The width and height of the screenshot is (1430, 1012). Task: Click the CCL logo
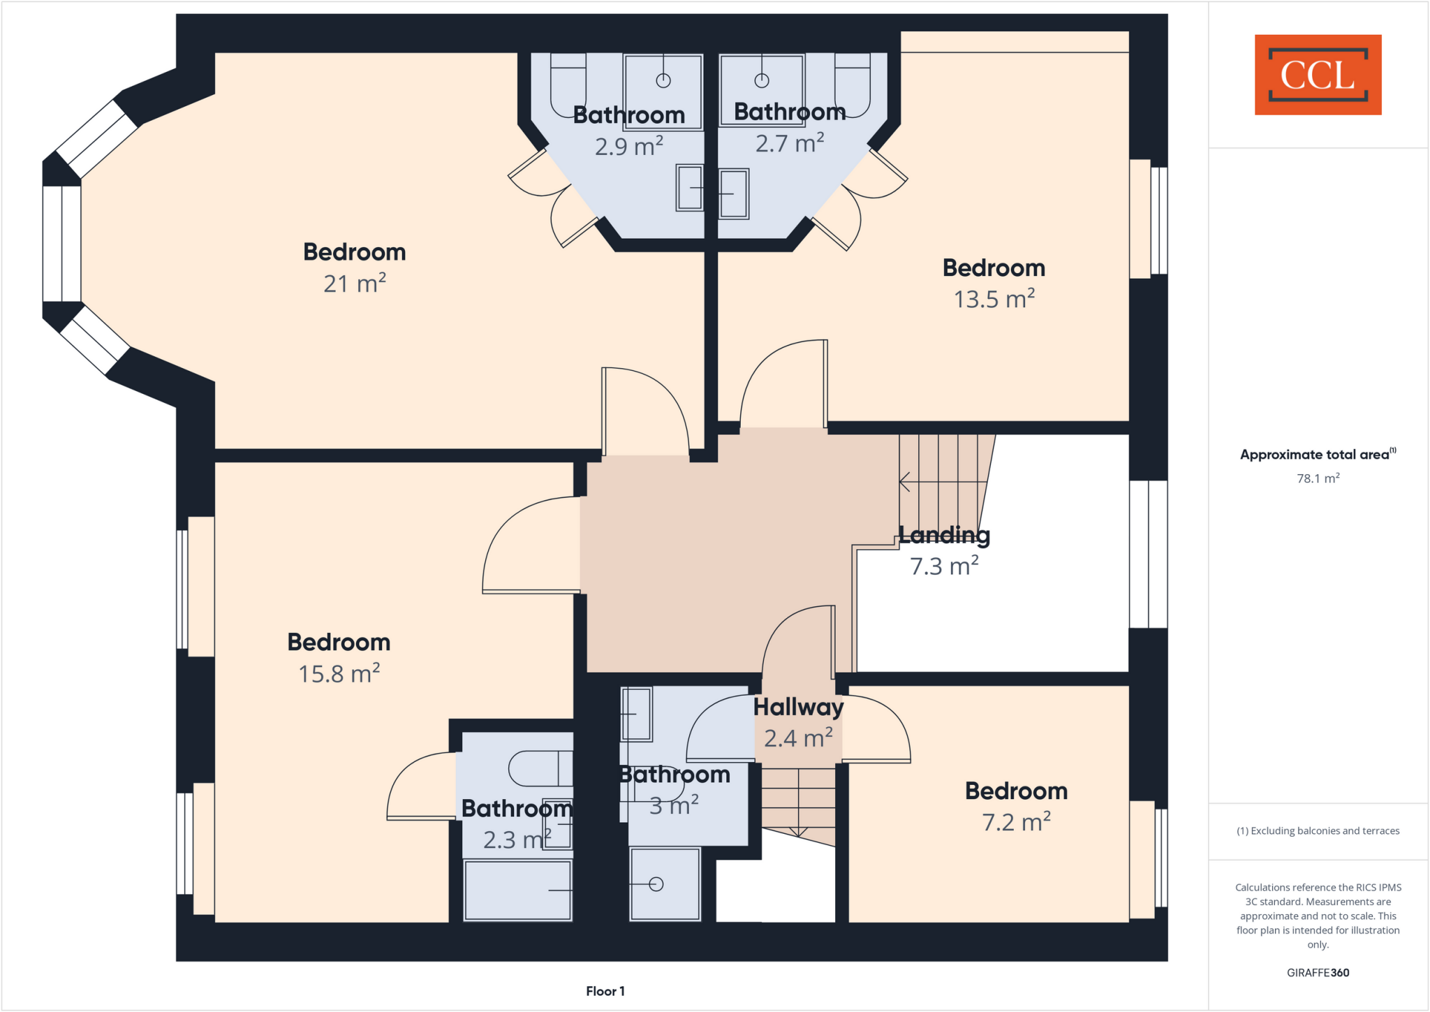[x=1318, y=75]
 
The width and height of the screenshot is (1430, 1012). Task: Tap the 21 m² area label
[x=355, y=284]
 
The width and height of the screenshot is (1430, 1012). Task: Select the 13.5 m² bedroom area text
[x=994, y=300]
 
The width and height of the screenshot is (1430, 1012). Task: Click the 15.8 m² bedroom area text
[x=339, y=674]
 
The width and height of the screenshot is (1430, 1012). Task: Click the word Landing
[x=944, y=535]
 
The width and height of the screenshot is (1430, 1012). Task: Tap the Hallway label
[x=798, y=707]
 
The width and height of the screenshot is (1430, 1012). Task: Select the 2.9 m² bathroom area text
[x=628, y=147]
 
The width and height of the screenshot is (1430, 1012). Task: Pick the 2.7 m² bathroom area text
[x=790, y=143]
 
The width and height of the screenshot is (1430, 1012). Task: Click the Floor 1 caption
[x=605, y=991]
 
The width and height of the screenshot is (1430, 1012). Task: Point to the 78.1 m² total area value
[x=1318, y=478]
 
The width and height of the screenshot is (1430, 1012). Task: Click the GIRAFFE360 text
[x=1318, y=972]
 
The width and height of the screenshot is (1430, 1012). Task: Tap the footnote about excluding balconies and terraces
[x=1318, y=830]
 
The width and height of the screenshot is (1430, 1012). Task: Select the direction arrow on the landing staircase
[x=906, y=482]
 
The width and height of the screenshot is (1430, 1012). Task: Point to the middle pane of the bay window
[x=61, y=243]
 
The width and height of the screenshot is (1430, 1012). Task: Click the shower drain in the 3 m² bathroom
[x=656, y=884]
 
